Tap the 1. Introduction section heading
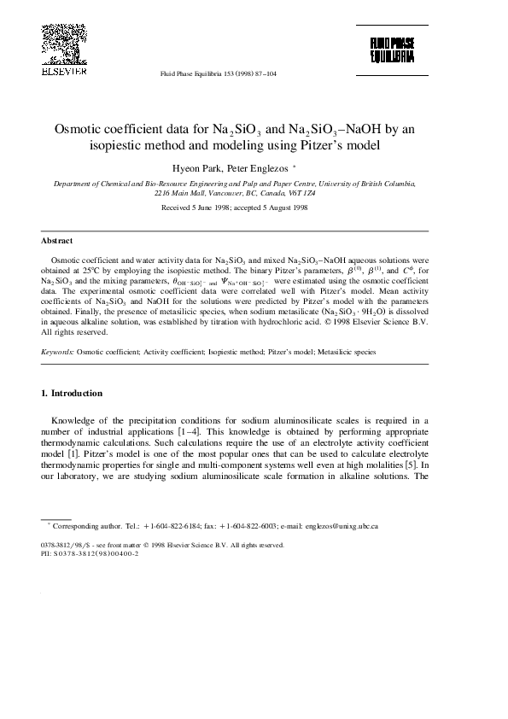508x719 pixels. tap(72, 394)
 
